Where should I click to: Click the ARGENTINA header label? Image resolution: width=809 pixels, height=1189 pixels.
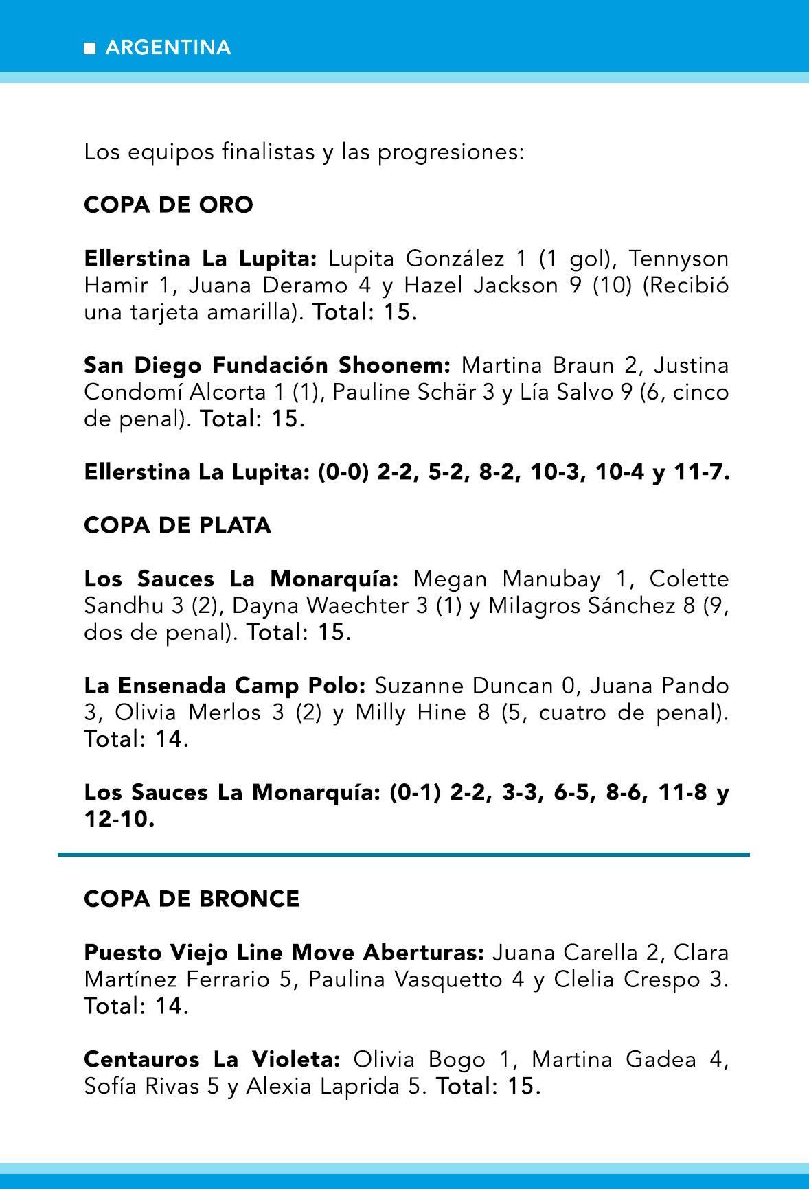click(x=168, y=47)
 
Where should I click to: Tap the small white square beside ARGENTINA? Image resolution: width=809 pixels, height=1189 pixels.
click(x=89, y=48)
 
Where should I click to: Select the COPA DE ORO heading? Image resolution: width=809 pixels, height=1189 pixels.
click(x=168, y=205)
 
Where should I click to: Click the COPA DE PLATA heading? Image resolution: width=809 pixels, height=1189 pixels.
click(x=177, y=525)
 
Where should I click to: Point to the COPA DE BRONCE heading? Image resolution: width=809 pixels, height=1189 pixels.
click(x=192, y=899)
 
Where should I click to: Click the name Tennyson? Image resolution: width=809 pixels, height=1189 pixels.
click(x=679, y=259)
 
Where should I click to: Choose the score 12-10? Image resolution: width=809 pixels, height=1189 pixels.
click(x=119, y=819)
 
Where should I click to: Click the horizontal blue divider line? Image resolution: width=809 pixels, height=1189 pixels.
click(x=404, y=855)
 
